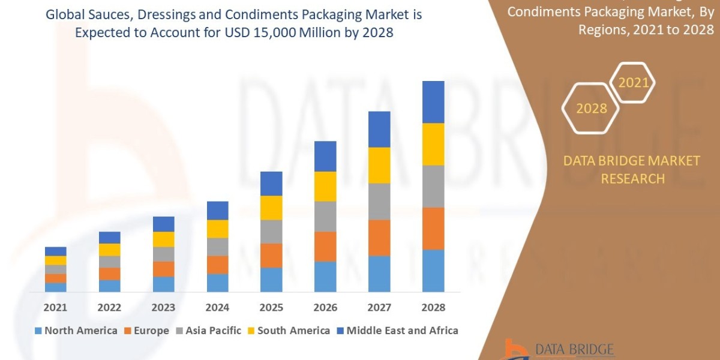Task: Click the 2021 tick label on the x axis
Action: click(56, 308)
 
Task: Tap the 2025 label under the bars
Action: click(271, 308)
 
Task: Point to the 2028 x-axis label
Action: click(433, 308)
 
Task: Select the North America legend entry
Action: click(76, 331)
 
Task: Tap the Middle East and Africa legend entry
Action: click(397, 331)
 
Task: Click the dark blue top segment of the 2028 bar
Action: click(433, 102)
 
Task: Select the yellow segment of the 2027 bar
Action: click(379, 165)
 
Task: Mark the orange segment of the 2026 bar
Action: click(325, 246)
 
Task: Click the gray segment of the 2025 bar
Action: click(271, 231)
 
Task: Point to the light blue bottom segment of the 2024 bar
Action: click(218, 283)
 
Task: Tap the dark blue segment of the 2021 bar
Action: click(56, 251)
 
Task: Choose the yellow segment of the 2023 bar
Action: click(164, 239)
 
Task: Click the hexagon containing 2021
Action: click(633, 83)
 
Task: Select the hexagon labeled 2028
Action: click(591, 109)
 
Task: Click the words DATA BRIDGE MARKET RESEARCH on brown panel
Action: click(632, 169)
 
